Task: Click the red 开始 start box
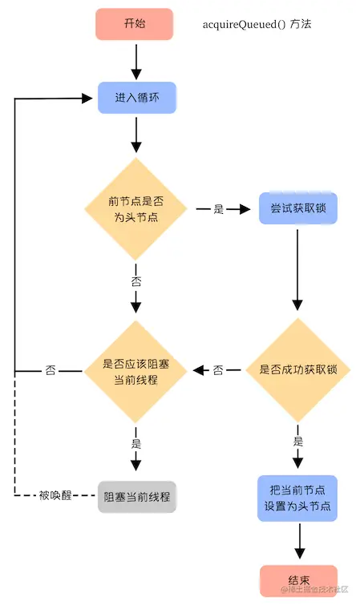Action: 135,23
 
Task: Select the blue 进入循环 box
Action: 136,98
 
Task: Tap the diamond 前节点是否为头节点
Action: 136,209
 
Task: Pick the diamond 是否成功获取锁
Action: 297,370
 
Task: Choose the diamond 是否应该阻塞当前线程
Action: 136,370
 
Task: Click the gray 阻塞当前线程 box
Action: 136,496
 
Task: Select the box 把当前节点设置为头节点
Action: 297,498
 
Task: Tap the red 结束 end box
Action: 297,580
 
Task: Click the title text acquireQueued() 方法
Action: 256,24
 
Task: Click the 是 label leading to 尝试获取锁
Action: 218,209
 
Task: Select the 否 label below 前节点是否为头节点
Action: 136,282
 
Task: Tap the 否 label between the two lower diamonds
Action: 217,371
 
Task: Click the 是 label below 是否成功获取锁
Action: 297,441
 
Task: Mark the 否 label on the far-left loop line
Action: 51,371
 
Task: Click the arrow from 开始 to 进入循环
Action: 136,60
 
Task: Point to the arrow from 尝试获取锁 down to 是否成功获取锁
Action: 297,268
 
